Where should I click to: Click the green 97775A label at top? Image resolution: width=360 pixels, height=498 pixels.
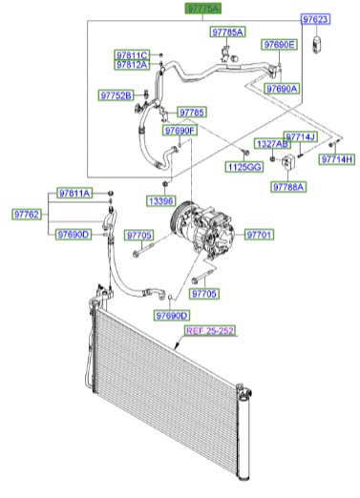coord(201,8)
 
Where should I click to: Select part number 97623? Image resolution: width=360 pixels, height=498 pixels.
coord(316,19)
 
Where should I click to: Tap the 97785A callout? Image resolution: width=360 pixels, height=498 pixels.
coord(227,32)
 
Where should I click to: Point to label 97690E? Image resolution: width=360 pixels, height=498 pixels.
coord(279,45)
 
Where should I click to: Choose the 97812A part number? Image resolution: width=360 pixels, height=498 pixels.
coord(132,66)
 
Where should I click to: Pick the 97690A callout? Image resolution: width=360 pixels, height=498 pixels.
coord(283,88)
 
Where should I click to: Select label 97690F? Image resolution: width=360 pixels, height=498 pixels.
coord(179,130)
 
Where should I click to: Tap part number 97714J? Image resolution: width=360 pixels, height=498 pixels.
coord(300,137)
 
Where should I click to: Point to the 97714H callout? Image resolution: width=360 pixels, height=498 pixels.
coord(336,158)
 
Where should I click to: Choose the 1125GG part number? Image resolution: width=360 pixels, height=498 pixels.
coord(242,167)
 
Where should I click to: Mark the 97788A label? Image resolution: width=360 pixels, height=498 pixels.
coord(287,188)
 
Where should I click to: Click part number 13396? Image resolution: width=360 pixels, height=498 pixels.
coord(161,201)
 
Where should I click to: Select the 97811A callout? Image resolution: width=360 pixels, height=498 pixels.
coord(73,194)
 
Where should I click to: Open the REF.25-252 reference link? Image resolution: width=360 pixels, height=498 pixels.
coord(209,330)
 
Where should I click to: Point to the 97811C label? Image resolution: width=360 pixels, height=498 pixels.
coord(132,55)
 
